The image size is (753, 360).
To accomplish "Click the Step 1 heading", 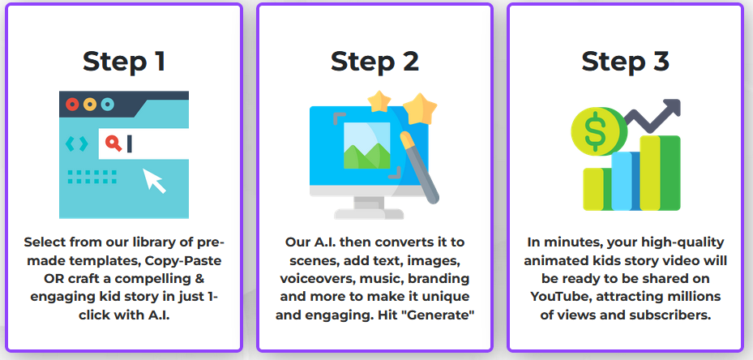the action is [124, 62].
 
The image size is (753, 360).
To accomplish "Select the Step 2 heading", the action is [374, 62].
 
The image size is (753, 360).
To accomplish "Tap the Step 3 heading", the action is [625, 62].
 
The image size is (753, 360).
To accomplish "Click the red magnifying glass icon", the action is [113, 144].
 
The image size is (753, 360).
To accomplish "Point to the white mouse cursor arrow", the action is [153, 180].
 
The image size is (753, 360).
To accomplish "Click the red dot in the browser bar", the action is [72, 105].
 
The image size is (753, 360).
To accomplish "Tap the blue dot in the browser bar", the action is [108, 105].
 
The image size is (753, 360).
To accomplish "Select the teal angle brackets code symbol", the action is [77, 144].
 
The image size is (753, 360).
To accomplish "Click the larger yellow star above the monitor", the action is [420, 109].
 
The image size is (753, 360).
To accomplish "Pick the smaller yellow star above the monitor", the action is [379, 101].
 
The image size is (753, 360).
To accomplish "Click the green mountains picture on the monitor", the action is [367, 145].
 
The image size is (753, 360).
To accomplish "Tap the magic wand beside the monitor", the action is [420, 167].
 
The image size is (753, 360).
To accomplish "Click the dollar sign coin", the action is [597, 131].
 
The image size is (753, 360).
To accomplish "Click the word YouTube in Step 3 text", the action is [561, 297].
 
